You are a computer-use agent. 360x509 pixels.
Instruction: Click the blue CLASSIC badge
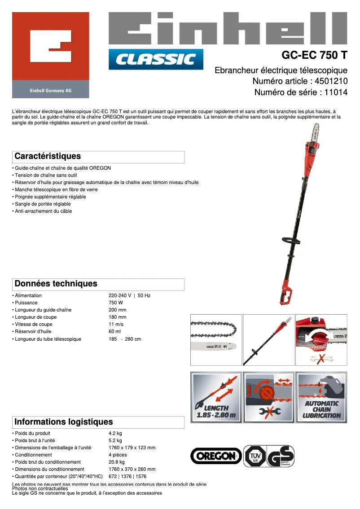(x=156, y=59)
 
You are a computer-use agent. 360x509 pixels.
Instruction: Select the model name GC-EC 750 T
(x=314, y=56)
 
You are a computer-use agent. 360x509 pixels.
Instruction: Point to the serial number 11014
(x=336, y=92)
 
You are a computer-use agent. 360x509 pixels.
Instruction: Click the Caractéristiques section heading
(x=48, y=157)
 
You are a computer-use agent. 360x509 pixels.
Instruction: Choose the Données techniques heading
(x=56, y=284)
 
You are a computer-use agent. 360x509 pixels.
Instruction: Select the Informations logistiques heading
(x=63, y=422)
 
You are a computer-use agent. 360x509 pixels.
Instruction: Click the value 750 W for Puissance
(x=116, y=303)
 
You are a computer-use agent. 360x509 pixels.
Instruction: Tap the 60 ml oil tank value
(x=115, y=332)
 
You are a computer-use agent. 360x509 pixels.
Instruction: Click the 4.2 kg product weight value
(x=115, y=434)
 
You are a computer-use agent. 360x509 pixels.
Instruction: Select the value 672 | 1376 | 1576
(x=127, y=477)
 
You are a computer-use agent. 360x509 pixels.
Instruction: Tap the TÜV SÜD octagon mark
(x=254, y=456)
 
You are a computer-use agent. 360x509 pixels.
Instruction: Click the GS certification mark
(x=281, y=456)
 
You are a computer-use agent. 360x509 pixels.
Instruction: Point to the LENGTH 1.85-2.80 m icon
(x=216, y=397)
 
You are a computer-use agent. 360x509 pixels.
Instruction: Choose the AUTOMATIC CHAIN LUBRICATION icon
(x=321, y=397)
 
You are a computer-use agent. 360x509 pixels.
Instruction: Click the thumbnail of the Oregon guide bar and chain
(x=216, y=340)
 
